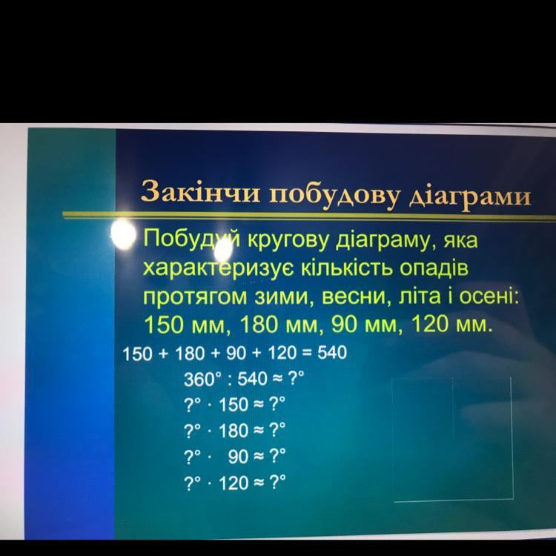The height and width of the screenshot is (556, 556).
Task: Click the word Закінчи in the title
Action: tap(200, 192)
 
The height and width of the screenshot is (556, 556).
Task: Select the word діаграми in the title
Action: tap(470, 196)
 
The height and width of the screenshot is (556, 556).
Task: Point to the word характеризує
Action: tap(218, 268)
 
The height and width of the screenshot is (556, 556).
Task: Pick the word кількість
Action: tap(346, 268)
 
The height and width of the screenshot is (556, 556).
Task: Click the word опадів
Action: tap(434, 268)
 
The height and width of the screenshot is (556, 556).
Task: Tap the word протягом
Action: tap(195, 297)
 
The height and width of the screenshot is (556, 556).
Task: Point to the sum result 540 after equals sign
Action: tap(332, 353)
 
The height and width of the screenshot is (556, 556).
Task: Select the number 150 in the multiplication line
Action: tap(234, 405)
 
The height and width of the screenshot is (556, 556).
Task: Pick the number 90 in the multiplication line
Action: tap(238, 457)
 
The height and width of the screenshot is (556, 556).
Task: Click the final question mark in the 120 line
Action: tap(277, 483)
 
